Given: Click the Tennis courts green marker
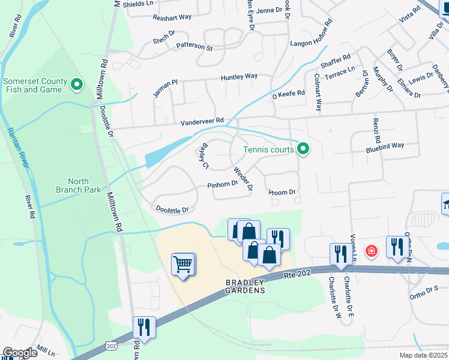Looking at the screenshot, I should coord(303,149).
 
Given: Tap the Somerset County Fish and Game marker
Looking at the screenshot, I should coord(76,85).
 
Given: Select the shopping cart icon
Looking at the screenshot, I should coord(183,264).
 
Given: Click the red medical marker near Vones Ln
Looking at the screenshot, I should coord(371,250).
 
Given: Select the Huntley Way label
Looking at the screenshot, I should coord(239,76).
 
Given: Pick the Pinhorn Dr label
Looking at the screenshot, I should coord(223,185).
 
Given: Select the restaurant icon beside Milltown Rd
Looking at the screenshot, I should coord(144,327).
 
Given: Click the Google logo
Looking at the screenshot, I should coord(20,353).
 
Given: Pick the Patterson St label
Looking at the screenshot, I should coord(194,46).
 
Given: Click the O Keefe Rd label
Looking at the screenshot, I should coord(289,94).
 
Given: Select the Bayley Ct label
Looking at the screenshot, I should coord(204,155).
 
